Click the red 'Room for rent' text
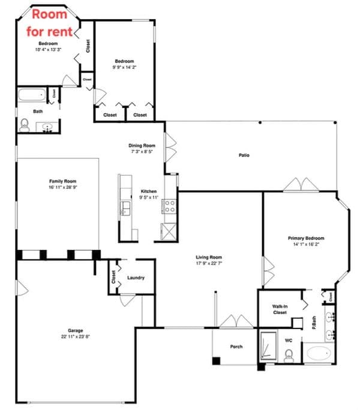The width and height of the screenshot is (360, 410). click(x=50, y=22)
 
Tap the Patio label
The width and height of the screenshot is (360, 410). click(x=244, y=155)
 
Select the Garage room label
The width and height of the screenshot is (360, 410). click(x=75, y=330)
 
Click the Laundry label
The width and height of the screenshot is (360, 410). click(x=136, y=278)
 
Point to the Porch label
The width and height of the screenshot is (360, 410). click(x=236, y=346)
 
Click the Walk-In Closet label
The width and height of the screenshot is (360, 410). click(x=280, y=309)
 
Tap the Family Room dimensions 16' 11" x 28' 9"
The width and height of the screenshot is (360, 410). click(x=62, y=188)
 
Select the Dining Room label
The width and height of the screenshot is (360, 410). click(x=142, y=145)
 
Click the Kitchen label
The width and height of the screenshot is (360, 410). click(x=148, y=191)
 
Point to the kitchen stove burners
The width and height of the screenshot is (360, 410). click(x=169, y=206)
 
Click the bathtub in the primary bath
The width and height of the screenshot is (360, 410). click(x=318, y=353)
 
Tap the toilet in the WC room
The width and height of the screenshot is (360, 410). click(x=289, y=354)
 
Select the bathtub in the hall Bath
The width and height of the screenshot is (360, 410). click(x=31, y=94)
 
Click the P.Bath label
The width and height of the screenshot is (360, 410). click(x=314, y=324)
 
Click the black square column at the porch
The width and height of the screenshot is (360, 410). click(x=216, y=361)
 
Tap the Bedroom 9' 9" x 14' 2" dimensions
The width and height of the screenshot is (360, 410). click(x=124, y=68)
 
